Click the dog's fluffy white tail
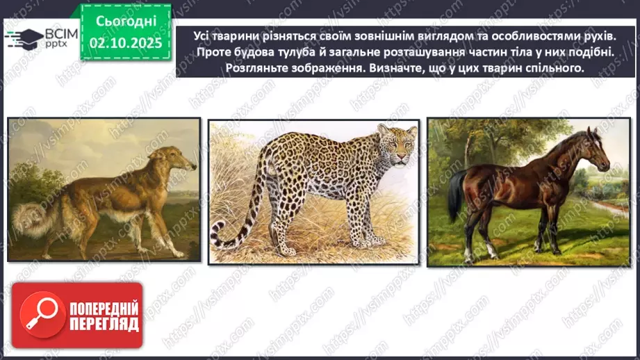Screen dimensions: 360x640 28,216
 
